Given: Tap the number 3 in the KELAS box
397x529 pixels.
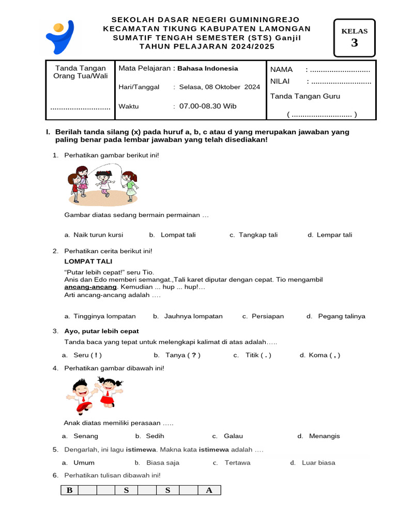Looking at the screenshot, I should (354, 43).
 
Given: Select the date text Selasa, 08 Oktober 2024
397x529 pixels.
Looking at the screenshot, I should (220, 87).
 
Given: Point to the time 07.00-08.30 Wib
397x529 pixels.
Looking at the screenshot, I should (208, 106).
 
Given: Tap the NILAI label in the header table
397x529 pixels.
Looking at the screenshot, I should (281, 81).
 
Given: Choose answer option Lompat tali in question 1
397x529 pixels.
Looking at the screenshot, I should (178, 235).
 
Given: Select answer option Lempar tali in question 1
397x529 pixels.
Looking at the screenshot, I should (334, 235).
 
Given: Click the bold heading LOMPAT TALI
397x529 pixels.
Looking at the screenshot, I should (88, 261).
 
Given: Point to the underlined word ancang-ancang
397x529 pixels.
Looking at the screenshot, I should (90, 287).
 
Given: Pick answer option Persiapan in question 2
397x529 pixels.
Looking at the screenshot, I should (267, 316).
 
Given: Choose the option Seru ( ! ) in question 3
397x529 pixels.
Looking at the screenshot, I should (87, 355).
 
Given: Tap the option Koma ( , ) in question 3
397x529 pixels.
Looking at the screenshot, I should (324, 355).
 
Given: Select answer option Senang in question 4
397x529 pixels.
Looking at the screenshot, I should (85, 436).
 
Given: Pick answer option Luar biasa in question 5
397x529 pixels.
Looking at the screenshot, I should (318, 462).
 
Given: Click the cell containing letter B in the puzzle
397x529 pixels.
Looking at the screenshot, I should (69, 490).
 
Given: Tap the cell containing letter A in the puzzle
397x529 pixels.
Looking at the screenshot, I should (209, 490).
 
